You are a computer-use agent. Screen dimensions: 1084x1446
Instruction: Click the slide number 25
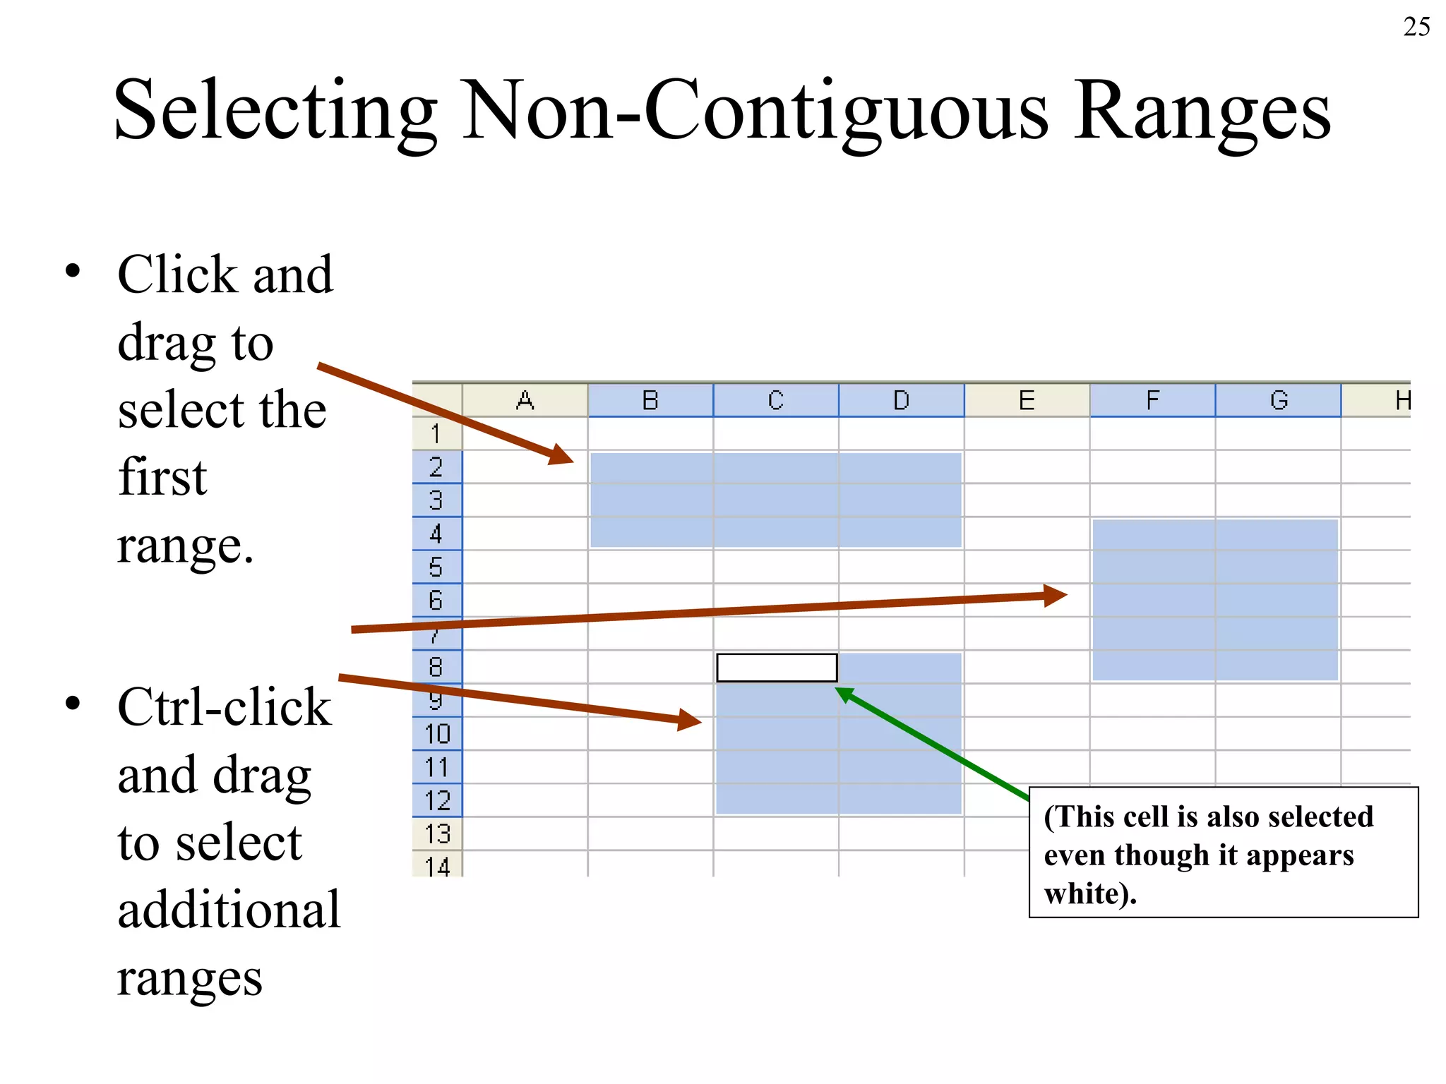pos(1416,27)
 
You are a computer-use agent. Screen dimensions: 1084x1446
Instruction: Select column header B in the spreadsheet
pos(650,401)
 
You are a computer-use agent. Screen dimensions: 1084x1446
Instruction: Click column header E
pos(1027,401)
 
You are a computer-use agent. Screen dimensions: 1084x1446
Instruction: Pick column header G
pos(1278,401)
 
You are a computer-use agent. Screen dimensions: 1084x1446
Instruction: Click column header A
pos(525,401)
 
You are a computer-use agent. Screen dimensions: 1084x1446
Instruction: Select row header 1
pos(436,433)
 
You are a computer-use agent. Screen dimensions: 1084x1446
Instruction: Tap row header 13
pos(437,834)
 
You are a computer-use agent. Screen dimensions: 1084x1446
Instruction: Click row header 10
pos(437,734)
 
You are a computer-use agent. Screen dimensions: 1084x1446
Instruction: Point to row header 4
pos(436,534)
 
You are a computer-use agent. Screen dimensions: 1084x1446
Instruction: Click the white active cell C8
pos(776,668)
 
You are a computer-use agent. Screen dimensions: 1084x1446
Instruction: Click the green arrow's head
pos(844,694)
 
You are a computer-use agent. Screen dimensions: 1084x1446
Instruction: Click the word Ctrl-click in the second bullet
pos(224,707)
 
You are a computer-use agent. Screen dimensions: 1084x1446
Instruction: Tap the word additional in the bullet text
pos(229,910)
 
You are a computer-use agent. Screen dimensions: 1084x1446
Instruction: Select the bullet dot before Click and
pos(72,272)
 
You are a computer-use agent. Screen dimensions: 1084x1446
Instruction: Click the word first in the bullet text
pos(162,477)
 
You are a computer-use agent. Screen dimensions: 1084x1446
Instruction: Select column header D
pos(901,401)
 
